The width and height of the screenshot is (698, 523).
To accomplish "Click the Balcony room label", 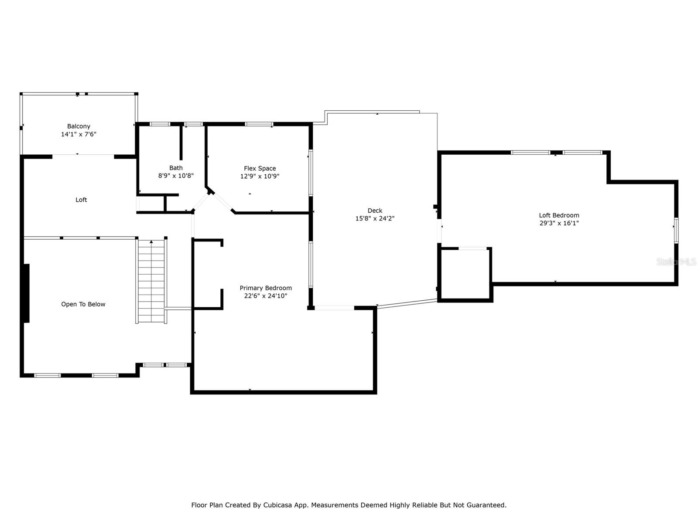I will pyautogui.click(x=79, y=126).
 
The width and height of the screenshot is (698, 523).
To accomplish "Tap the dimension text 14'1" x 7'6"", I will pyautogui.click(x=79, y=134).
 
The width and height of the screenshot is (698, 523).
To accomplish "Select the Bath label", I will pyautogui.click(x=176, y=168).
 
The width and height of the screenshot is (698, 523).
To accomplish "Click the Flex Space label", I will pyautogui.click(x=260, y=168).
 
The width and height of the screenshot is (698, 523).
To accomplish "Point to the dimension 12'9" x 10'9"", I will pyautogui.click(x=260, y=176).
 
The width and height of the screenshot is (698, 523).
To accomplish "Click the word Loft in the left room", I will pyautogui.click(x=81, y=200).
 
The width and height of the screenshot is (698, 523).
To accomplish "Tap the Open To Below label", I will pyautogui.click(x=83, y=304).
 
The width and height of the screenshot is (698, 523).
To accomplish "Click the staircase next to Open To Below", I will pyautogui.click(x=151, y=281).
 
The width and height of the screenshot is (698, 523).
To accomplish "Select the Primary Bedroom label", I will pyautogui.click(x=266, y=288).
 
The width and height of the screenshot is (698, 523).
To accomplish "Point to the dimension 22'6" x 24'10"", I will pyautogui.click(x=266, y=296).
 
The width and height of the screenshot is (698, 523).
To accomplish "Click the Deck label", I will pyautogui.click(x=375, y=211).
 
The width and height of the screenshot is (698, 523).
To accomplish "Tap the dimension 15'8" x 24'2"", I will pyautogui.click(x=375, y=218).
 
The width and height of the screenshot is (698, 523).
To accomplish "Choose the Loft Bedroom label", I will pyautogui.click(x=559, y=215).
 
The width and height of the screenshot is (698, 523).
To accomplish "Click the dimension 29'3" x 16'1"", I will pyautogui.click(x=559, y=223).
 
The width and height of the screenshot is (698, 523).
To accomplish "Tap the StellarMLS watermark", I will pyautogui.click(x=676, y=261).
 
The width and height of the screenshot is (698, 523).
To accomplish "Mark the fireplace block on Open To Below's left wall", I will pyautogui.click(x=27, y=293).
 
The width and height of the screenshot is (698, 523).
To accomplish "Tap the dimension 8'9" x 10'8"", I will pyautogui.click(x=176, y=176).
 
